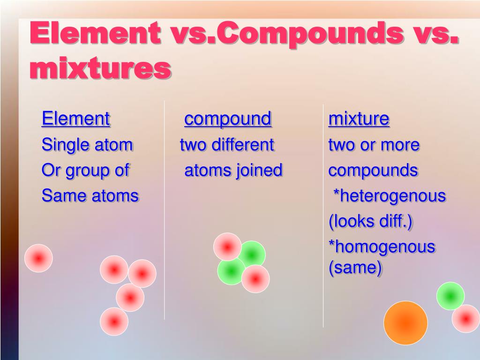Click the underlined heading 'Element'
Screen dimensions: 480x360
[75, 119]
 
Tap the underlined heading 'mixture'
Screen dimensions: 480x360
[359, 119]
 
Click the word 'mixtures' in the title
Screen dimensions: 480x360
[100, 67]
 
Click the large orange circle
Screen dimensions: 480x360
[405, 323]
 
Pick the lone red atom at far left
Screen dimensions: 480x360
[38, 258]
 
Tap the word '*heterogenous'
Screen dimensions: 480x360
[390, 195]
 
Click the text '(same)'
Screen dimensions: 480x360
[355, 268]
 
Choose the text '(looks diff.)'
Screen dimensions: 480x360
[370, 221]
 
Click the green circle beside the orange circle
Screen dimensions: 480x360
[450, 296]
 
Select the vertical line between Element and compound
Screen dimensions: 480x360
[165, 210]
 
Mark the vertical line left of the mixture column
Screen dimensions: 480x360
[323, 216]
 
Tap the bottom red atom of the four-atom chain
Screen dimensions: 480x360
[114, 322]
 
